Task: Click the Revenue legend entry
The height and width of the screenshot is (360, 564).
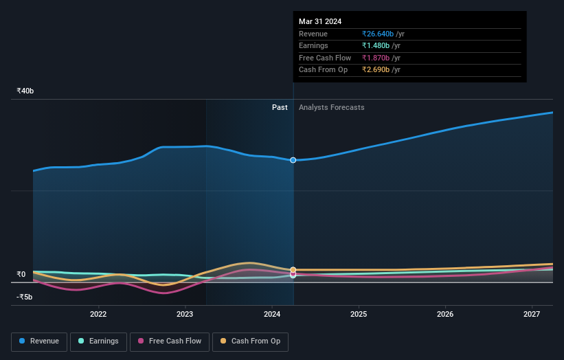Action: (x=39, y=341)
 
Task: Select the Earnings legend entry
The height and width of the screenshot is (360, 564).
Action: (x=98, y=341)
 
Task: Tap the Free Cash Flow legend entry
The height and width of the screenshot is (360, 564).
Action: (x=169, y=341)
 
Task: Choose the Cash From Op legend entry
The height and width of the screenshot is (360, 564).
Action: (x=250, y=341)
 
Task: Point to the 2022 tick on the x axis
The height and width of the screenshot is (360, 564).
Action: (x=98, y=314)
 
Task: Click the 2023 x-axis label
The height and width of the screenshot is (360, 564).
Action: (x=185, y=314)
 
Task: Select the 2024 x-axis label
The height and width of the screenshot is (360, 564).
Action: (x=272, y=314)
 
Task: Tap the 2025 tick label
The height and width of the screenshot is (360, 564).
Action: (x=359, y=314)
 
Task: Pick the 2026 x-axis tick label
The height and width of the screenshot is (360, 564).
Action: (x=445, y=314)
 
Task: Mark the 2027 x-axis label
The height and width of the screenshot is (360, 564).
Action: (x=532, y=314)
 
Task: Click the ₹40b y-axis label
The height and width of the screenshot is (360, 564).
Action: (x=25, y=91)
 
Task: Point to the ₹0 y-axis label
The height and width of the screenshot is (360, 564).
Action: (x=21, y=274)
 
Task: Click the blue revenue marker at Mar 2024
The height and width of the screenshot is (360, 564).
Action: (x=293, y=160)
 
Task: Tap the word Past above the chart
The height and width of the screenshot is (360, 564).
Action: (x=280, y=107)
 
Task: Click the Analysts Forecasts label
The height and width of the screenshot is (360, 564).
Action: (x=331, y=107)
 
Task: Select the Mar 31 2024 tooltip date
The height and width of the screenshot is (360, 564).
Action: (x=320, y=22)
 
